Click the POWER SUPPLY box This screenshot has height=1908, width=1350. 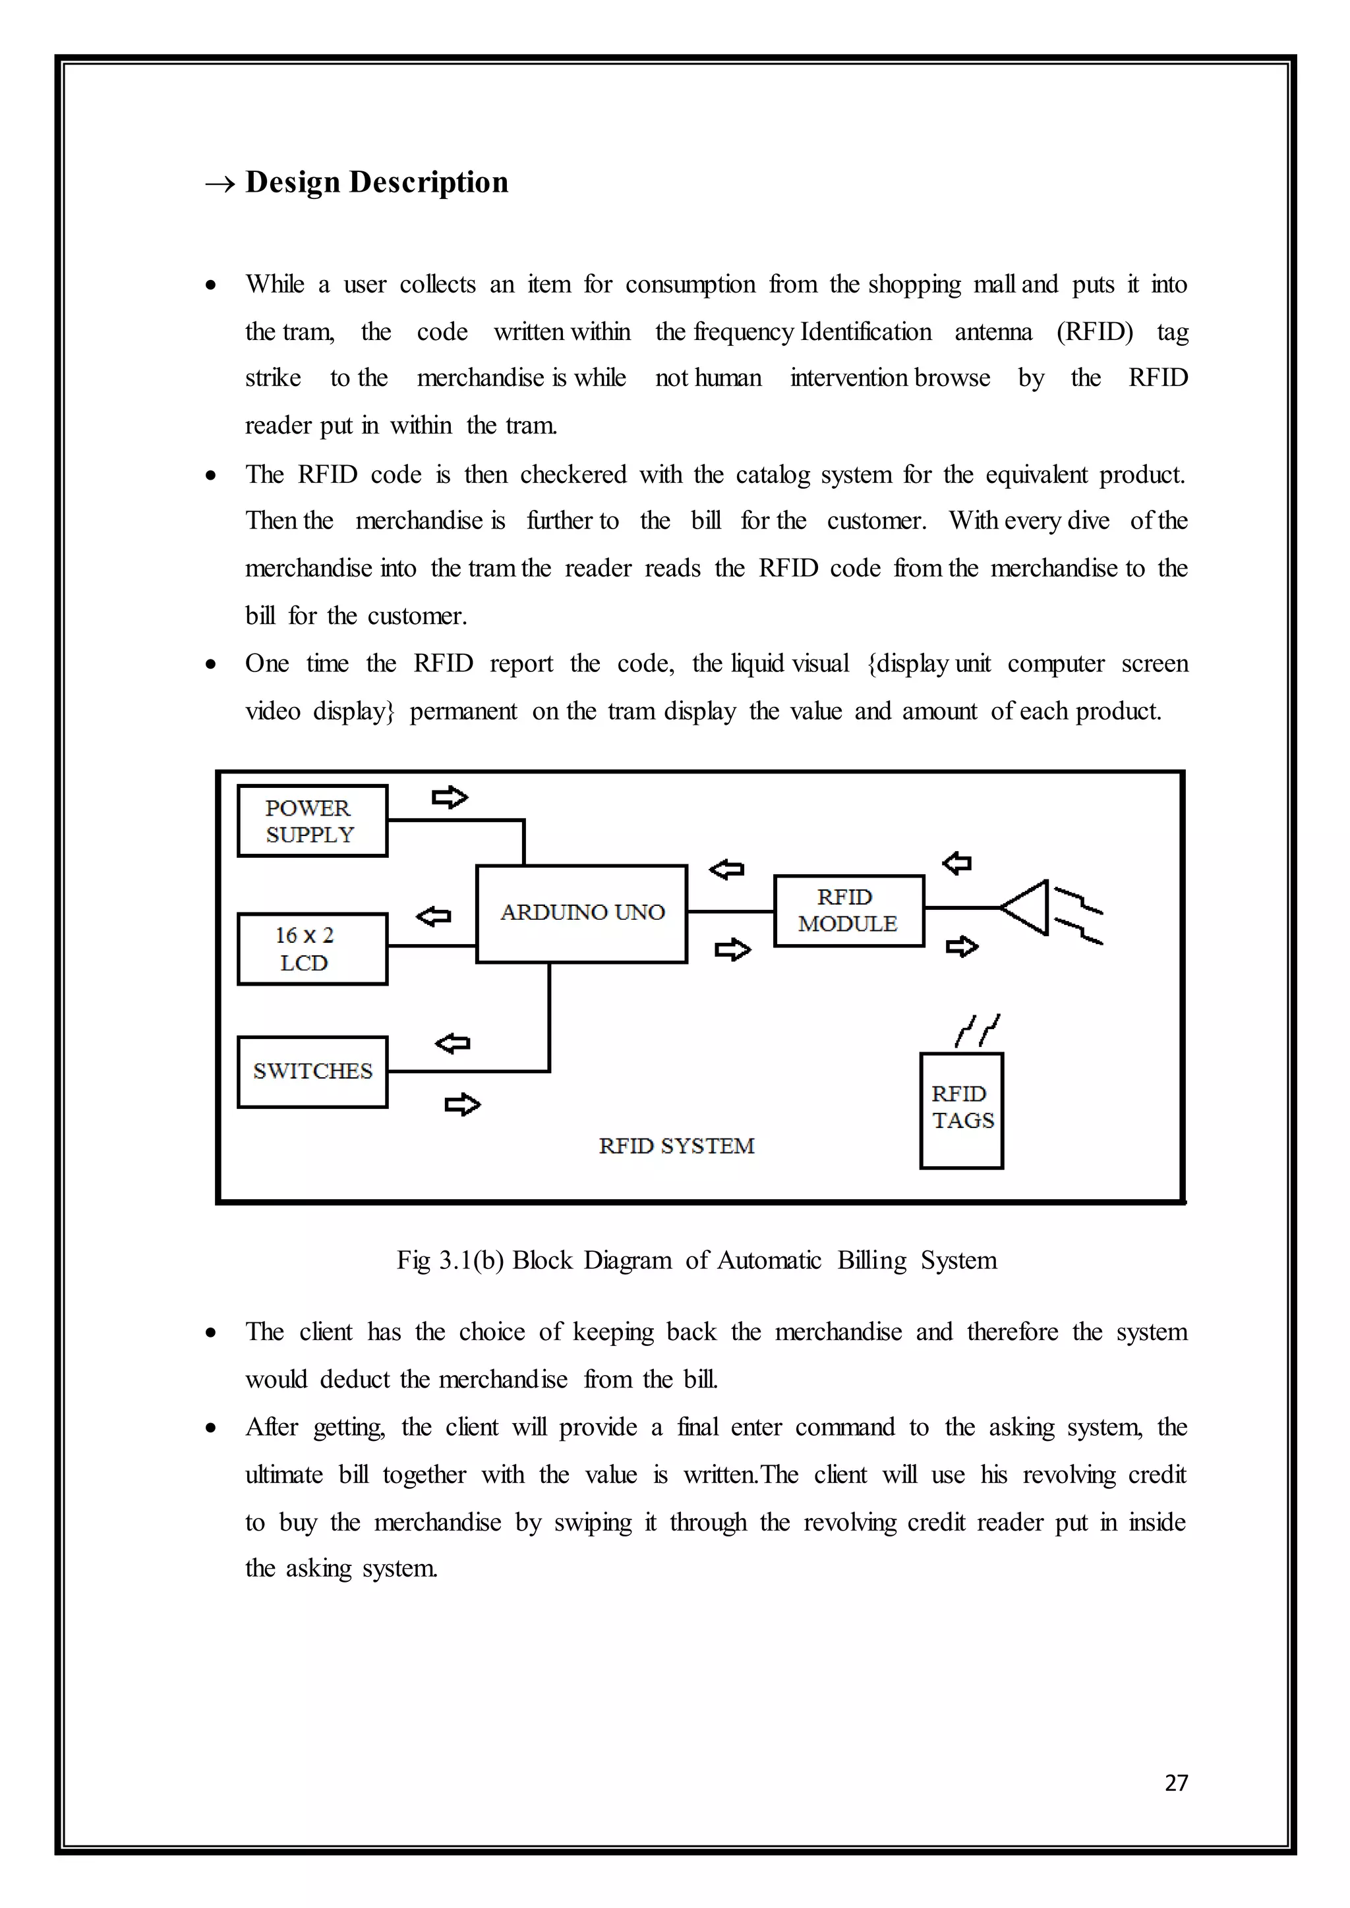pyautogui.click(x=312, y=820)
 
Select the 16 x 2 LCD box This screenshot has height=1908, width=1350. pyautogui.click(x=312, y=948)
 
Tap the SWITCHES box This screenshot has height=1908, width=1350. pyautogui.click(x=312, y=1071)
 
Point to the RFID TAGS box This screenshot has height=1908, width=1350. pyautogui.click(x=961, y=1109)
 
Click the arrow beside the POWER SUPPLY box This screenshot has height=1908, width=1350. pyautogui.click(x=450, y=798)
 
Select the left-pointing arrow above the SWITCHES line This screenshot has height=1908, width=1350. pyautogui.click(x=452, y=1043)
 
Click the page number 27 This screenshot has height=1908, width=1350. pyautogui.click(x=1175, y=1783)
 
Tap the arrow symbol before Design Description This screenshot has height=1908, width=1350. pyautogui.click(x=220, y=184)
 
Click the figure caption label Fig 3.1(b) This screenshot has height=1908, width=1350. pyautogui.click(x=450, y=1260)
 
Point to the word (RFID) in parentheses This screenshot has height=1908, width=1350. pyautogui.click(x=1094, y=331)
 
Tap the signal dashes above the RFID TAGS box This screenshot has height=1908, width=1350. pyautogui.click(x=978, y=1030)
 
